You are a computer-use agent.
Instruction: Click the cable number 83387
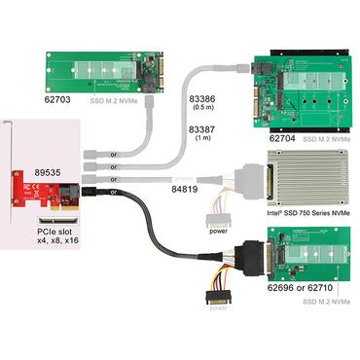click(202, 128)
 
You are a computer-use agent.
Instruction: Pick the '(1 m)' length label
click(202, 139)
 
